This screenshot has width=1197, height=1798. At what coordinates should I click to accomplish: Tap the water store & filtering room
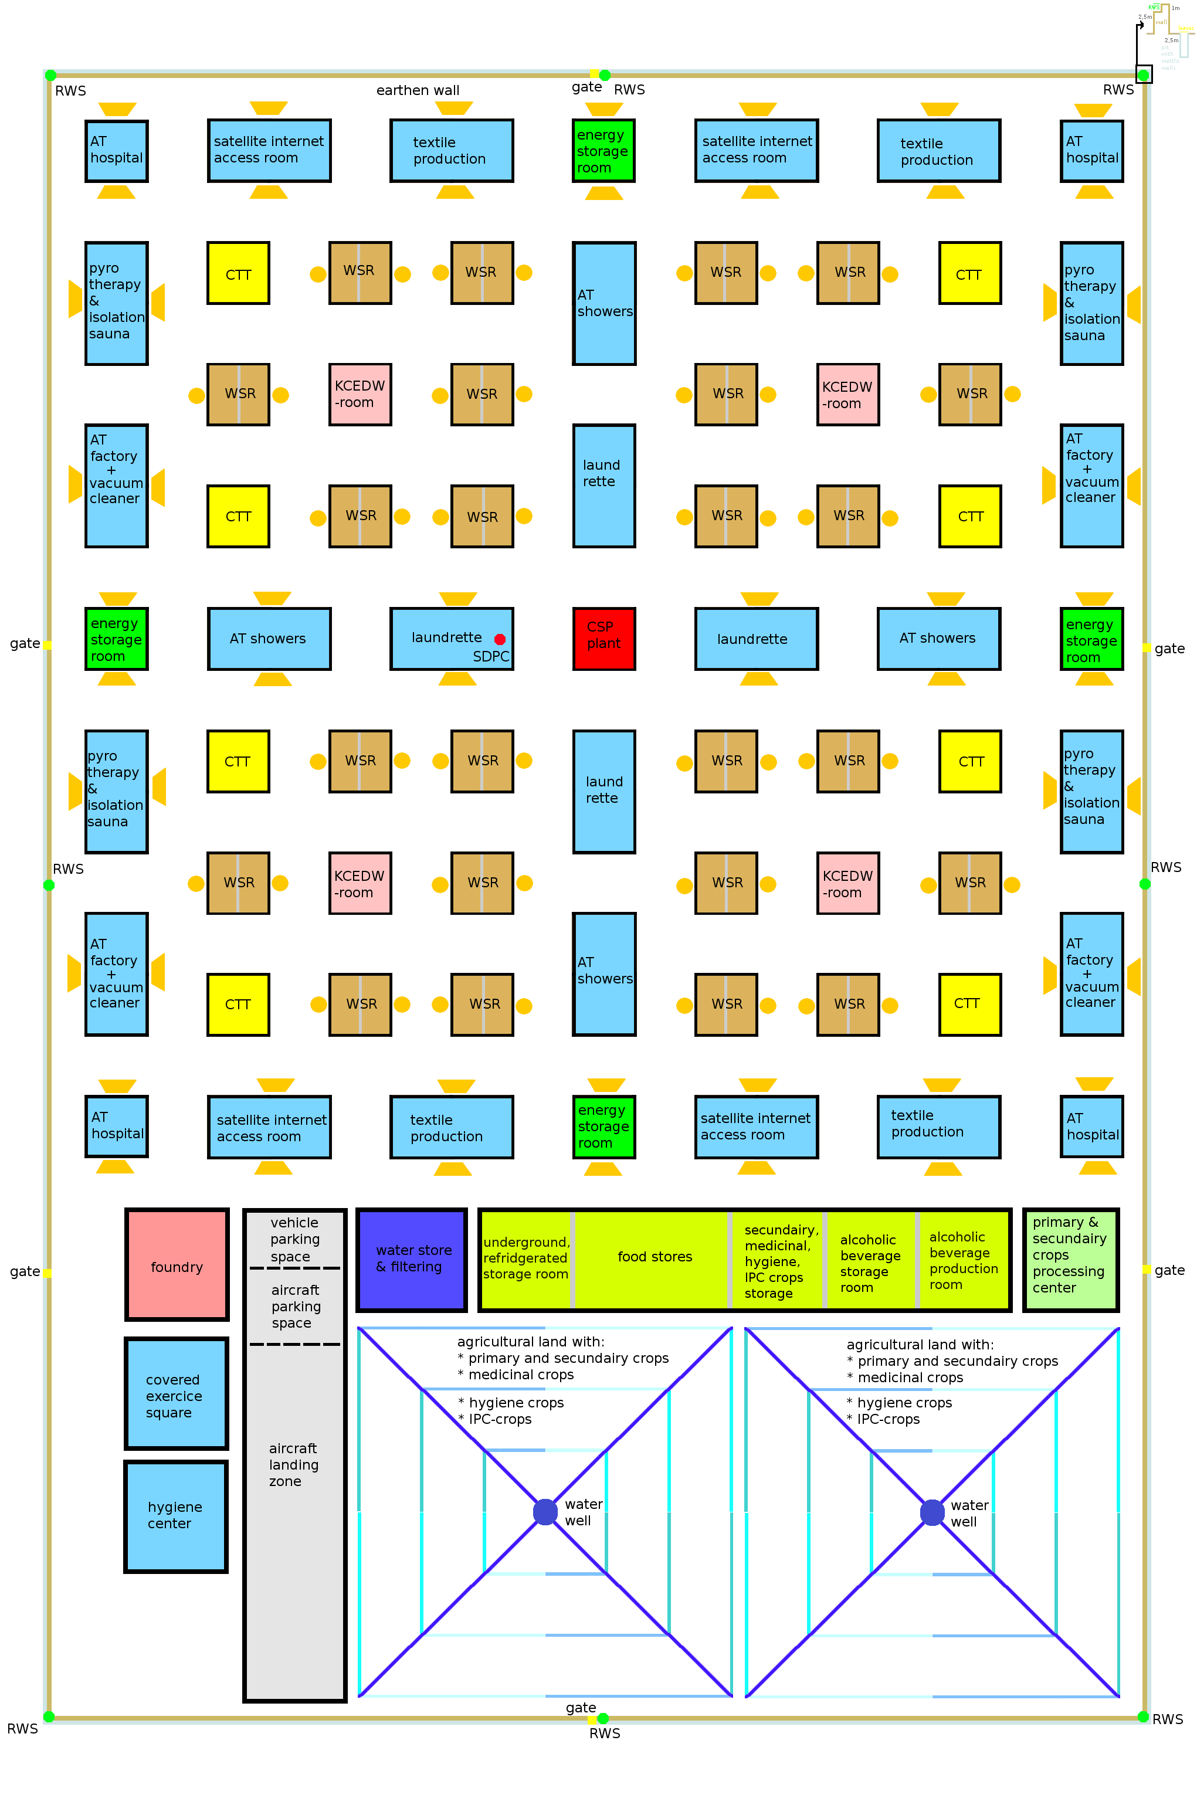pos(412,1258)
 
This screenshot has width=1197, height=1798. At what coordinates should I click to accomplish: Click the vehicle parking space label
pos(294,1239)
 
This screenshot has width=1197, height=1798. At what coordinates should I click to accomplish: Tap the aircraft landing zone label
pos(293,1464)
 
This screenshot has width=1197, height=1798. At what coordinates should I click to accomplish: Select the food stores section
pos(655,1257)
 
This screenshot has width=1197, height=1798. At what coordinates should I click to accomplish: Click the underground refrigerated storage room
pos(526,1258)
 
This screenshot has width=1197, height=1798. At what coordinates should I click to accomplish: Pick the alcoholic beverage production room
pos(962,1260)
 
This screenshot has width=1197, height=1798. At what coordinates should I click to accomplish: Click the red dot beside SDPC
pos(499,639)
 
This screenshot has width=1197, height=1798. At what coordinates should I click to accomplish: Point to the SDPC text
pos(490,656)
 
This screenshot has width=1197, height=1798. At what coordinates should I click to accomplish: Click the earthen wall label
pos(418,90)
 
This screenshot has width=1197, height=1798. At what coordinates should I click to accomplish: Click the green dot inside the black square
pos(1144,75)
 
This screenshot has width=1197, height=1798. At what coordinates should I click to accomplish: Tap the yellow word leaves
pos(1185,28)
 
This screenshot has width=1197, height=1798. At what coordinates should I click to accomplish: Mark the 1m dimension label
pos(1176,8)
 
